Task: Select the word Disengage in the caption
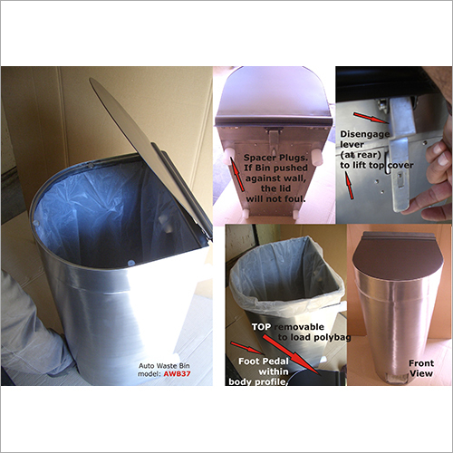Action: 363,135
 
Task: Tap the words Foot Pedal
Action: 263,358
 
